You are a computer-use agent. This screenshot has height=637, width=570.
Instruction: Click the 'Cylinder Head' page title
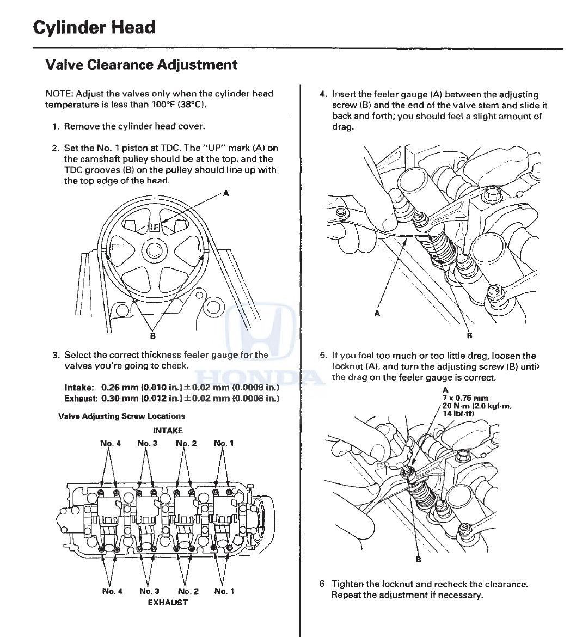tap(94, 28)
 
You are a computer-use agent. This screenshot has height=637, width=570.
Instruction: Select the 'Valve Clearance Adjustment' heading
tap(142, 65)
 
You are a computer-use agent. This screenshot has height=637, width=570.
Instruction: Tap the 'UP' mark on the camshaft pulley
tap(155, 227)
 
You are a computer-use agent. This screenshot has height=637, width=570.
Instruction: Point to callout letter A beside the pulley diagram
tap(226, 193)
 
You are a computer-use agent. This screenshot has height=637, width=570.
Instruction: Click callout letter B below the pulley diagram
tap(153, 336)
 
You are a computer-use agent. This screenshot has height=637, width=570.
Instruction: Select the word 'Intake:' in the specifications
tap(79, 387)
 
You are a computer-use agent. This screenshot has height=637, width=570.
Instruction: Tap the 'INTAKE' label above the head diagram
tap(168, 431)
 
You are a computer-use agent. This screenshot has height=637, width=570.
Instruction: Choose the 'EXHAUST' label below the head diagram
tap(168, 603)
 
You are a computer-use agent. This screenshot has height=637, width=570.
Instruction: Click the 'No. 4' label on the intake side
tap(111, 443)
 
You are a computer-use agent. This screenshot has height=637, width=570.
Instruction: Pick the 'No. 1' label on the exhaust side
tap(224, 591)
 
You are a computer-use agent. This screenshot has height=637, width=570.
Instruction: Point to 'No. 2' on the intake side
tap(187, 443)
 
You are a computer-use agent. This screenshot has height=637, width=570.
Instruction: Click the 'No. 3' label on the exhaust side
tap(150, 591)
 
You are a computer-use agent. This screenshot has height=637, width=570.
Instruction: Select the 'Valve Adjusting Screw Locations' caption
tap(121, 416)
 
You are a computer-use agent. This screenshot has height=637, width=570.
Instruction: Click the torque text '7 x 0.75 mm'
tap(465, 398)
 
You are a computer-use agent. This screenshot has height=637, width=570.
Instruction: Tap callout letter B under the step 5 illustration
tap(419, 560)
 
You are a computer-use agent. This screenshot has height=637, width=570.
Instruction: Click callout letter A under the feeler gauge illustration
tap(377, 313)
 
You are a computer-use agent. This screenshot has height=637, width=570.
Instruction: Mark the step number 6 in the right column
tap(323, 584)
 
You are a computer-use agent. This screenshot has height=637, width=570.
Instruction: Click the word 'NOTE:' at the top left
tap(59, 94)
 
